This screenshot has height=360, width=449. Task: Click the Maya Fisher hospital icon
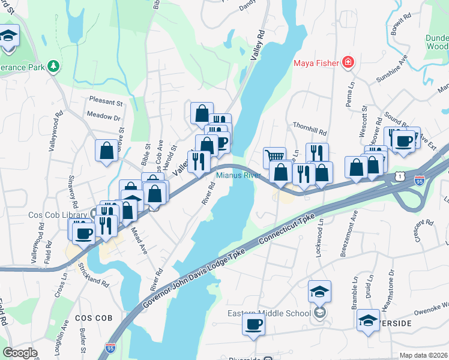tap(348, 62)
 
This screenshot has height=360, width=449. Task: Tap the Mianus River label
tap(238, 175)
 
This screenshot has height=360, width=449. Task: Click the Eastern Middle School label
tap(270, 313)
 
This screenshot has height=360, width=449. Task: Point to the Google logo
tap(20, 353)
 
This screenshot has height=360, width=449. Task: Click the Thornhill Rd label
tap(309, 132)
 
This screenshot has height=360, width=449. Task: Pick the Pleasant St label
tap(106, 101)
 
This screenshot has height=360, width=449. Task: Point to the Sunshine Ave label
tap(391, 71)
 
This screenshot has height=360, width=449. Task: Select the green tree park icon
tap(53, 65)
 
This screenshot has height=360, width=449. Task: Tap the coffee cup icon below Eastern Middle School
tap(253, 325)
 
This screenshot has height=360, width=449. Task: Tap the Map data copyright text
tap(423, 355)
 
